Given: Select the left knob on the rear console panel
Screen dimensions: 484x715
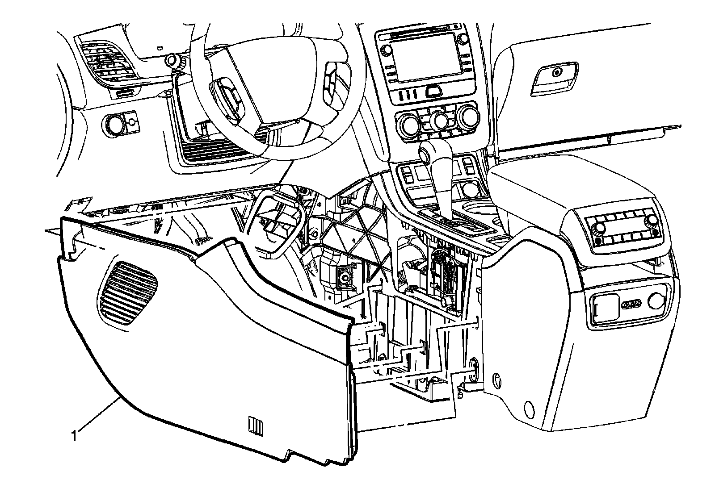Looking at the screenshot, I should [x=598, y=229].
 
